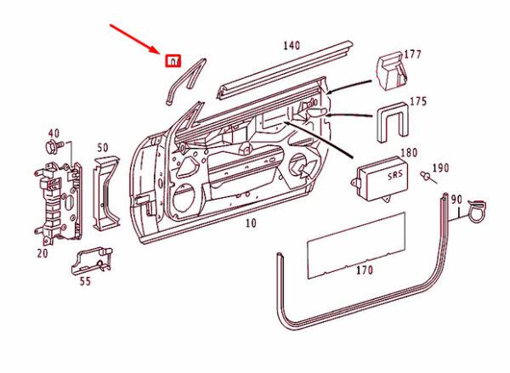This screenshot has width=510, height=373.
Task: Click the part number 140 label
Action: [292, 45]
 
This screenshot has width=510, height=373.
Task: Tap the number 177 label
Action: [413, 55]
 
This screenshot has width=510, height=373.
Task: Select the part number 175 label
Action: [417, 101]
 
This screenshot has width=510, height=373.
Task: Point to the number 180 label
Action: [409, 153]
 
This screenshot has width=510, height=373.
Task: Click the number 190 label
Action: [440, 167]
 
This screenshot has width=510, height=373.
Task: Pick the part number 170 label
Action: [364, 271]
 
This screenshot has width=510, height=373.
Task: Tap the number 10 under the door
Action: [250, 223]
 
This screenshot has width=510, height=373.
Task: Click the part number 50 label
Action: [103, 148]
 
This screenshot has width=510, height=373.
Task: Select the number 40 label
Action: [54, 133]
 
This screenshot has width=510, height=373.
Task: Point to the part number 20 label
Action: [42, 253]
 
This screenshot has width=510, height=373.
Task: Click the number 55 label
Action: [86, 280]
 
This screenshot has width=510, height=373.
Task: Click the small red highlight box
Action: [173, 61]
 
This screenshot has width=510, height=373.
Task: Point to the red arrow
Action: [136, 40]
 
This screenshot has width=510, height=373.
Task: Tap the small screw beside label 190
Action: [425, 176]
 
